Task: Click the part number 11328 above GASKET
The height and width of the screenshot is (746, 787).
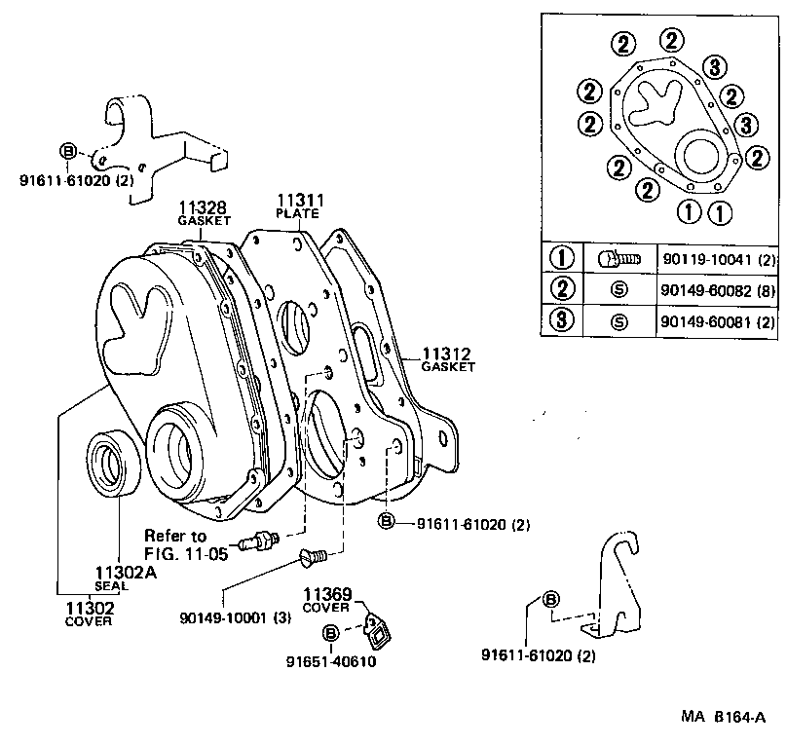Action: (203, 207)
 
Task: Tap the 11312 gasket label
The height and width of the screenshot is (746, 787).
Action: (447, 354)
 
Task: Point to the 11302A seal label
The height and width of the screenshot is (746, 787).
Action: (126, 573)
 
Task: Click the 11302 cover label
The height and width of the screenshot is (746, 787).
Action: (89, 608)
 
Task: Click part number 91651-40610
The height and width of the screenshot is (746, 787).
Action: (330, 662)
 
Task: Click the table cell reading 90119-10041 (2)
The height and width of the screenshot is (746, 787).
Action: (718, 259)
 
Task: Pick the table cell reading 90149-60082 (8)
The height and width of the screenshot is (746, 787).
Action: (718, 290)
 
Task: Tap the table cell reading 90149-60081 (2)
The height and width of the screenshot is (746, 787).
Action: (718, 320)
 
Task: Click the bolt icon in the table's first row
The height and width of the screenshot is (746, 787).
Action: (618, 259)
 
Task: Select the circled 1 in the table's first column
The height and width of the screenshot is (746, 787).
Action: (562, 259)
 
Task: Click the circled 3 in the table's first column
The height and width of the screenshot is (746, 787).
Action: (562, 320)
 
